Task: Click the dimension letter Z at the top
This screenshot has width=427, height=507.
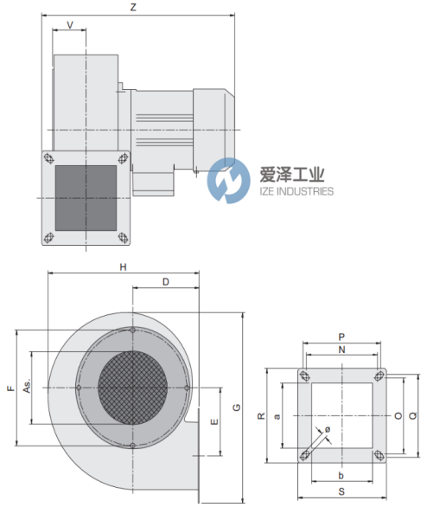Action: point(133,7)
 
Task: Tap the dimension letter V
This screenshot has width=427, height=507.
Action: point(70,25)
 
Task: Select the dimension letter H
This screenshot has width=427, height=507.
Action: point(123,267)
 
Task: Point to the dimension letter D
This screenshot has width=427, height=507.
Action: point(166,282)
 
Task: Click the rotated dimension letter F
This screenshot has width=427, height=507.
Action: point(11,388)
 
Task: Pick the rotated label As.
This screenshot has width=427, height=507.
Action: point(27,386)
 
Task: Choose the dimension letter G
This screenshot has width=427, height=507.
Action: point(237,408)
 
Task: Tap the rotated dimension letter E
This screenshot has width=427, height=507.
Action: point(214,422)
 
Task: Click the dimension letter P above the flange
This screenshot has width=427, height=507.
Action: point(341,337)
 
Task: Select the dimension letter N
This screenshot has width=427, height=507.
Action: point(341,350)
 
